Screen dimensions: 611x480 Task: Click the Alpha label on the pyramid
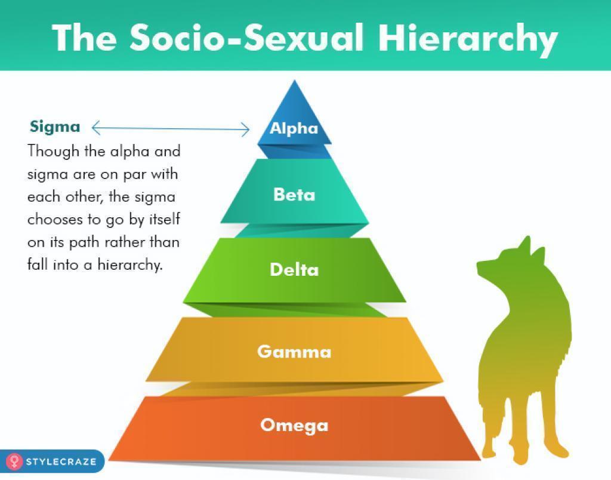294,128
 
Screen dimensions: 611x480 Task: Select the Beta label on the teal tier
294,195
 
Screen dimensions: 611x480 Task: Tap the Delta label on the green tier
294,269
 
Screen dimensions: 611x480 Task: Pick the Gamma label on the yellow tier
294,352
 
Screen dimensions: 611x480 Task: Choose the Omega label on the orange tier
294,426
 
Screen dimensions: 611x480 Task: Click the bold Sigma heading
55,127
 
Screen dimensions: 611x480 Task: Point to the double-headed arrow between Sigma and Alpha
171,128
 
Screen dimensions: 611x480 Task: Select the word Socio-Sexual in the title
246,38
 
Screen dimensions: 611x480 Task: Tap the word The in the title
84,38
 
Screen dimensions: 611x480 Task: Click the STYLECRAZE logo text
61,461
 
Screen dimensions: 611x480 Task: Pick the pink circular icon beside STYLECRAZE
14,461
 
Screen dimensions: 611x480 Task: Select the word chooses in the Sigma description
50,219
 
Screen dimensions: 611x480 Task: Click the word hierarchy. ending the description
129,265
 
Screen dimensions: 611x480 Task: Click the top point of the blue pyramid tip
295,81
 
